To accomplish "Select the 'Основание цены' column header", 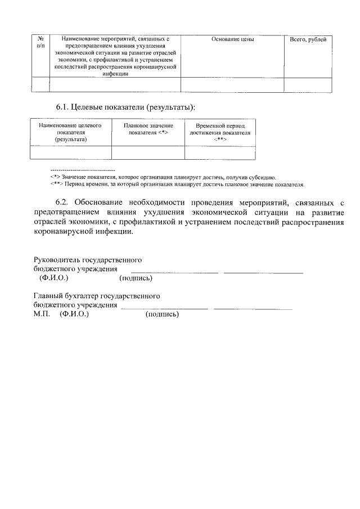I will pos(232,39).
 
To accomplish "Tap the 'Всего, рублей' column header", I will pos(308,39).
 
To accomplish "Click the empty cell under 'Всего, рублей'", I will pos(308,84).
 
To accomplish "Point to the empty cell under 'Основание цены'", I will pos(232,84).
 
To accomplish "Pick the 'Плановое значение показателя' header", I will pos(148,129).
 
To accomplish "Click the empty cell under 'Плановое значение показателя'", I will pos(148,152).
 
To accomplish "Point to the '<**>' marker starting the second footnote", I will pos(56,184).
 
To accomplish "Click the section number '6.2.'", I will pos(64,202).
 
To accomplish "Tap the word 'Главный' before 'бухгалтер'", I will pos(47,295).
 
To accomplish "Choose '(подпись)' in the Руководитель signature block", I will pos(136,278).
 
